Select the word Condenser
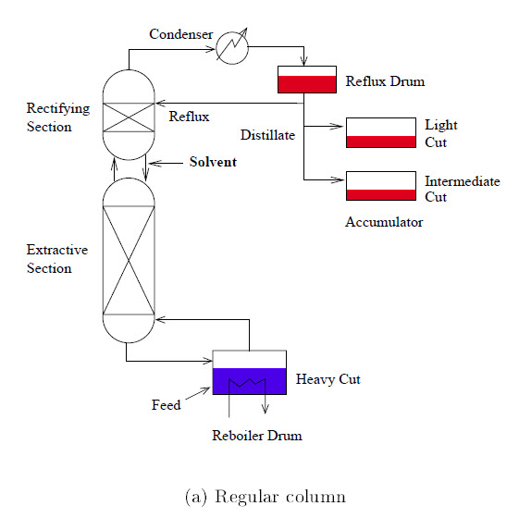(180, 34)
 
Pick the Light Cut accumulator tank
(380, 132)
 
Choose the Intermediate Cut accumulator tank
(380, 186)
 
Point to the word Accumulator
(384, 222)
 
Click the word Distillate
(267, 136)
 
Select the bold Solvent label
(213, 162)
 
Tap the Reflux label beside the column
(189, 117)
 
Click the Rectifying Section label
(57, 117)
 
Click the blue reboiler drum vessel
(250, 381)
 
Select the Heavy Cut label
(327, 379)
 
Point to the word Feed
(166, 405)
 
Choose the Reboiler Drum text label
(257, 436)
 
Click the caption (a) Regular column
(266, 497)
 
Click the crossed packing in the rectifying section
(129, 116)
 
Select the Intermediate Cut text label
(462, 189)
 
